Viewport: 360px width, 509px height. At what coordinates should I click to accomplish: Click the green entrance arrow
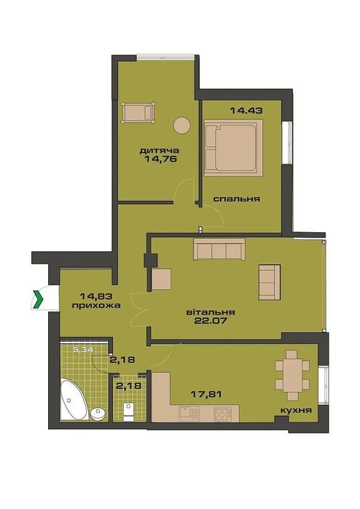[x=39, y=299]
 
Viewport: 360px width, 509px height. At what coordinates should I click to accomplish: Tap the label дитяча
[x=159, y=151]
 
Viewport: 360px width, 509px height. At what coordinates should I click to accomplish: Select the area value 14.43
[x=246, y=111]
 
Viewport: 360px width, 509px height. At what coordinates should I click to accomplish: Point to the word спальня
[x=237, y=199]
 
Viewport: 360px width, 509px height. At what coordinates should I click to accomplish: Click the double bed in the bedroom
[x=233, y=148]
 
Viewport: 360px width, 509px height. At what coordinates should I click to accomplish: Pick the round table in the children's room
[x=181, y=125]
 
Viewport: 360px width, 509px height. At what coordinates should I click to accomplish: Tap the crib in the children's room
[x=138, y=113]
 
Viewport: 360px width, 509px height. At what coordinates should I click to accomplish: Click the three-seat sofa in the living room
[x=219, y=249]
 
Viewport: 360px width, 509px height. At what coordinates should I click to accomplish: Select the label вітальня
[x=211, y=312]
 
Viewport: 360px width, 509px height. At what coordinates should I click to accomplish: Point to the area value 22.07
[x=211, y=321]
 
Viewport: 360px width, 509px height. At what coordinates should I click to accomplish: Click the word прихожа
[x=96, y=305]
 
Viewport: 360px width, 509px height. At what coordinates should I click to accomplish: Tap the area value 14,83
[x=96, y=296]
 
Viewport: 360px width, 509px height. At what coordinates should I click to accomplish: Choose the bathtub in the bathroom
[x=73, y=400]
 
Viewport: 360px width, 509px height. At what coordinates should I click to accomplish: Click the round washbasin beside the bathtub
[x=98, y=414]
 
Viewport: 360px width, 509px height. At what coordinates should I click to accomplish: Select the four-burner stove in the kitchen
[x=222, y=414]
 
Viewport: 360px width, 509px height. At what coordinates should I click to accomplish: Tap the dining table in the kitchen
[x=292, y=375]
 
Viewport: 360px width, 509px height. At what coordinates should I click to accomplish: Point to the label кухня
[x=296, y=410]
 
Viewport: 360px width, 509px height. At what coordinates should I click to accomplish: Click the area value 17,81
[x=206, y=395]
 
